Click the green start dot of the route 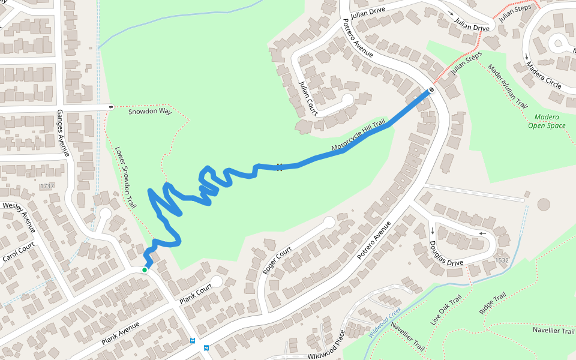145,270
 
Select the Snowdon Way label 150,112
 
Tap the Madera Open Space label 547,121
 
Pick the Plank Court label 197,290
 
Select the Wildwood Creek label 385,323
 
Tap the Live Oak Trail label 446,310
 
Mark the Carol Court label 19,254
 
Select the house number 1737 47,186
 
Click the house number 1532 502,260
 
